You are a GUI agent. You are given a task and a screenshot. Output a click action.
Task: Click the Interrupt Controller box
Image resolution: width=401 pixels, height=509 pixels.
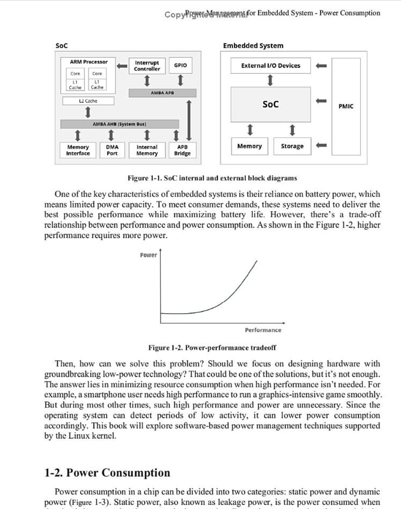(x=147, y=66)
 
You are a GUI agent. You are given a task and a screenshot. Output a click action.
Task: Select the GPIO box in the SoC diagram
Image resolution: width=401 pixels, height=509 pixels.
(x=180, y=65)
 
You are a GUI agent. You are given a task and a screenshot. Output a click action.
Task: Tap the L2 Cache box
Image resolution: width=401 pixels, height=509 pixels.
(x=88, y=101)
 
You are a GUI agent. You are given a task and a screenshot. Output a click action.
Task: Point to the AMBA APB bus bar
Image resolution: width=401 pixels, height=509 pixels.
(x=162, y=93)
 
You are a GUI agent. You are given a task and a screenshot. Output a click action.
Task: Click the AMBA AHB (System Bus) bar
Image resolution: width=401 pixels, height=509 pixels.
(x=119, y=124)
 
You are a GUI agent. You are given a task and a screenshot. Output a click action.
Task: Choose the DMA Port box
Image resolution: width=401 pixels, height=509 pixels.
(x=112, y=150)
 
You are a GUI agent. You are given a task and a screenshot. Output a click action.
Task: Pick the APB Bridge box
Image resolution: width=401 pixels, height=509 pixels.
(x=182, y=150)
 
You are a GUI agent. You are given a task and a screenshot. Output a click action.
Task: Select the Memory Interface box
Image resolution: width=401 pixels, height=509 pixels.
(x=78, y=150)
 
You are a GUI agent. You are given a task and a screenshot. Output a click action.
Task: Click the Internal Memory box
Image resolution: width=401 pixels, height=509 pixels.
(x=147, y=150)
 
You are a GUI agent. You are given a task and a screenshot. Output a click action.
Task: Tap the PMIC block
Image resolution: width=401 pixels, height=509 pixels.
(x=346, y=107)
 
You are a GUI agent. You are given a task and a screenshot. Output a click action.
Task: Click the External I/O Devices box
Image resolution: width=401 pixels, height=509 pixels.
(x=271, y=66)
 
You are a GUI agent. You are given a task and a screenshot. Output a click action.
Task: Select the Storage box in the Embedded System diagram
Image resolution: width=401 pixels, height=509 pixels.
(x=292, y=146)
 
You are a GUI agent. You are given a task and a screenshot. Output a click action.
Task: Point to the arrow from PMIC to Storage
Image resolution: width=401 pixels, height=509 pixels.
(x=321, y=145)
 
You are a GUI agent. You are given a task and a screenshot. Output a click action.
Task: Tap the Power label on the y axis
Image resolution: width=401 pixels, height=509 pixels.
(x=148, y=255)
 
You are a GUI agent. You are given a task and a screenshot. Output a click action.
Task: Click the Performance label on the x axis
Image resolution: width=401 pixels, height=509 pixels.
(x=263, y=330)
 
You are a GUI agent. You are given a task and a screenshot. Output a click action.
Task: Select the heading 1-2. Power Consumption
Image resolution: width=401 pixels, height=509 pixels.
(x=107, y=473)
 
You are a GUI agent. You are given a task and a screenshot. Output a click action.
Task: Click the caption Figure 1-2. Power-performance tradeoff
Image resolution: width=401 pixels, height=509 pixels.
(x=212, y=348)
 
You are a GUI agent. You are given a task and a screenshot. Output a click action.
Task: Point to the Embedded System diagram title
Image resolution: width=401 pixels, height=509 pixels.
(x=253, y=46)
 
